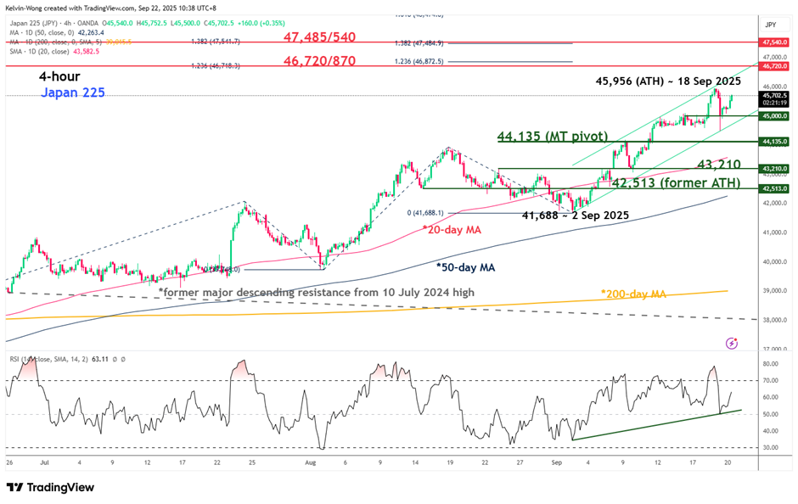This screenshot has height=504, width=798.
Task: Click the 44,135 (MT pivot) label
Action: [x=553, y=136]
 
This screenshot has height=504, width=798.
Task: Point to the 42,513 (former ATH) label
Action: [x=676, y=182]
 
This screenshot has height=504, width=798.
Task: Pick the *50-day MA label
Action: [x=466, y=266]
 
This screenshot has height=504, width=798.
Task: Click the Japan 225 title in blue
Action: [x=72, y=92]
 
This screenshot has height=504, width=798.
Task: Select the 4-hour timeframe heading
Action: [x=59, y=76]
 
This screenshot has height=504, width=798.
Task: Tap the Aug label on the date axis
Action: [x=311, y=462]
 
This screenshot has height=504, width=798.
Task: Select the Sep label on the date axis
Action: [x=557, y=462]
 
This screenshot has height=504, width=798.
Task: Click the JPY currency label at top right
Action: [x=772, y=25]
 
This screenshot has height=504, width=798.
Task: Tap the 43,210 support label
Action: [x=718, y=164]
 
